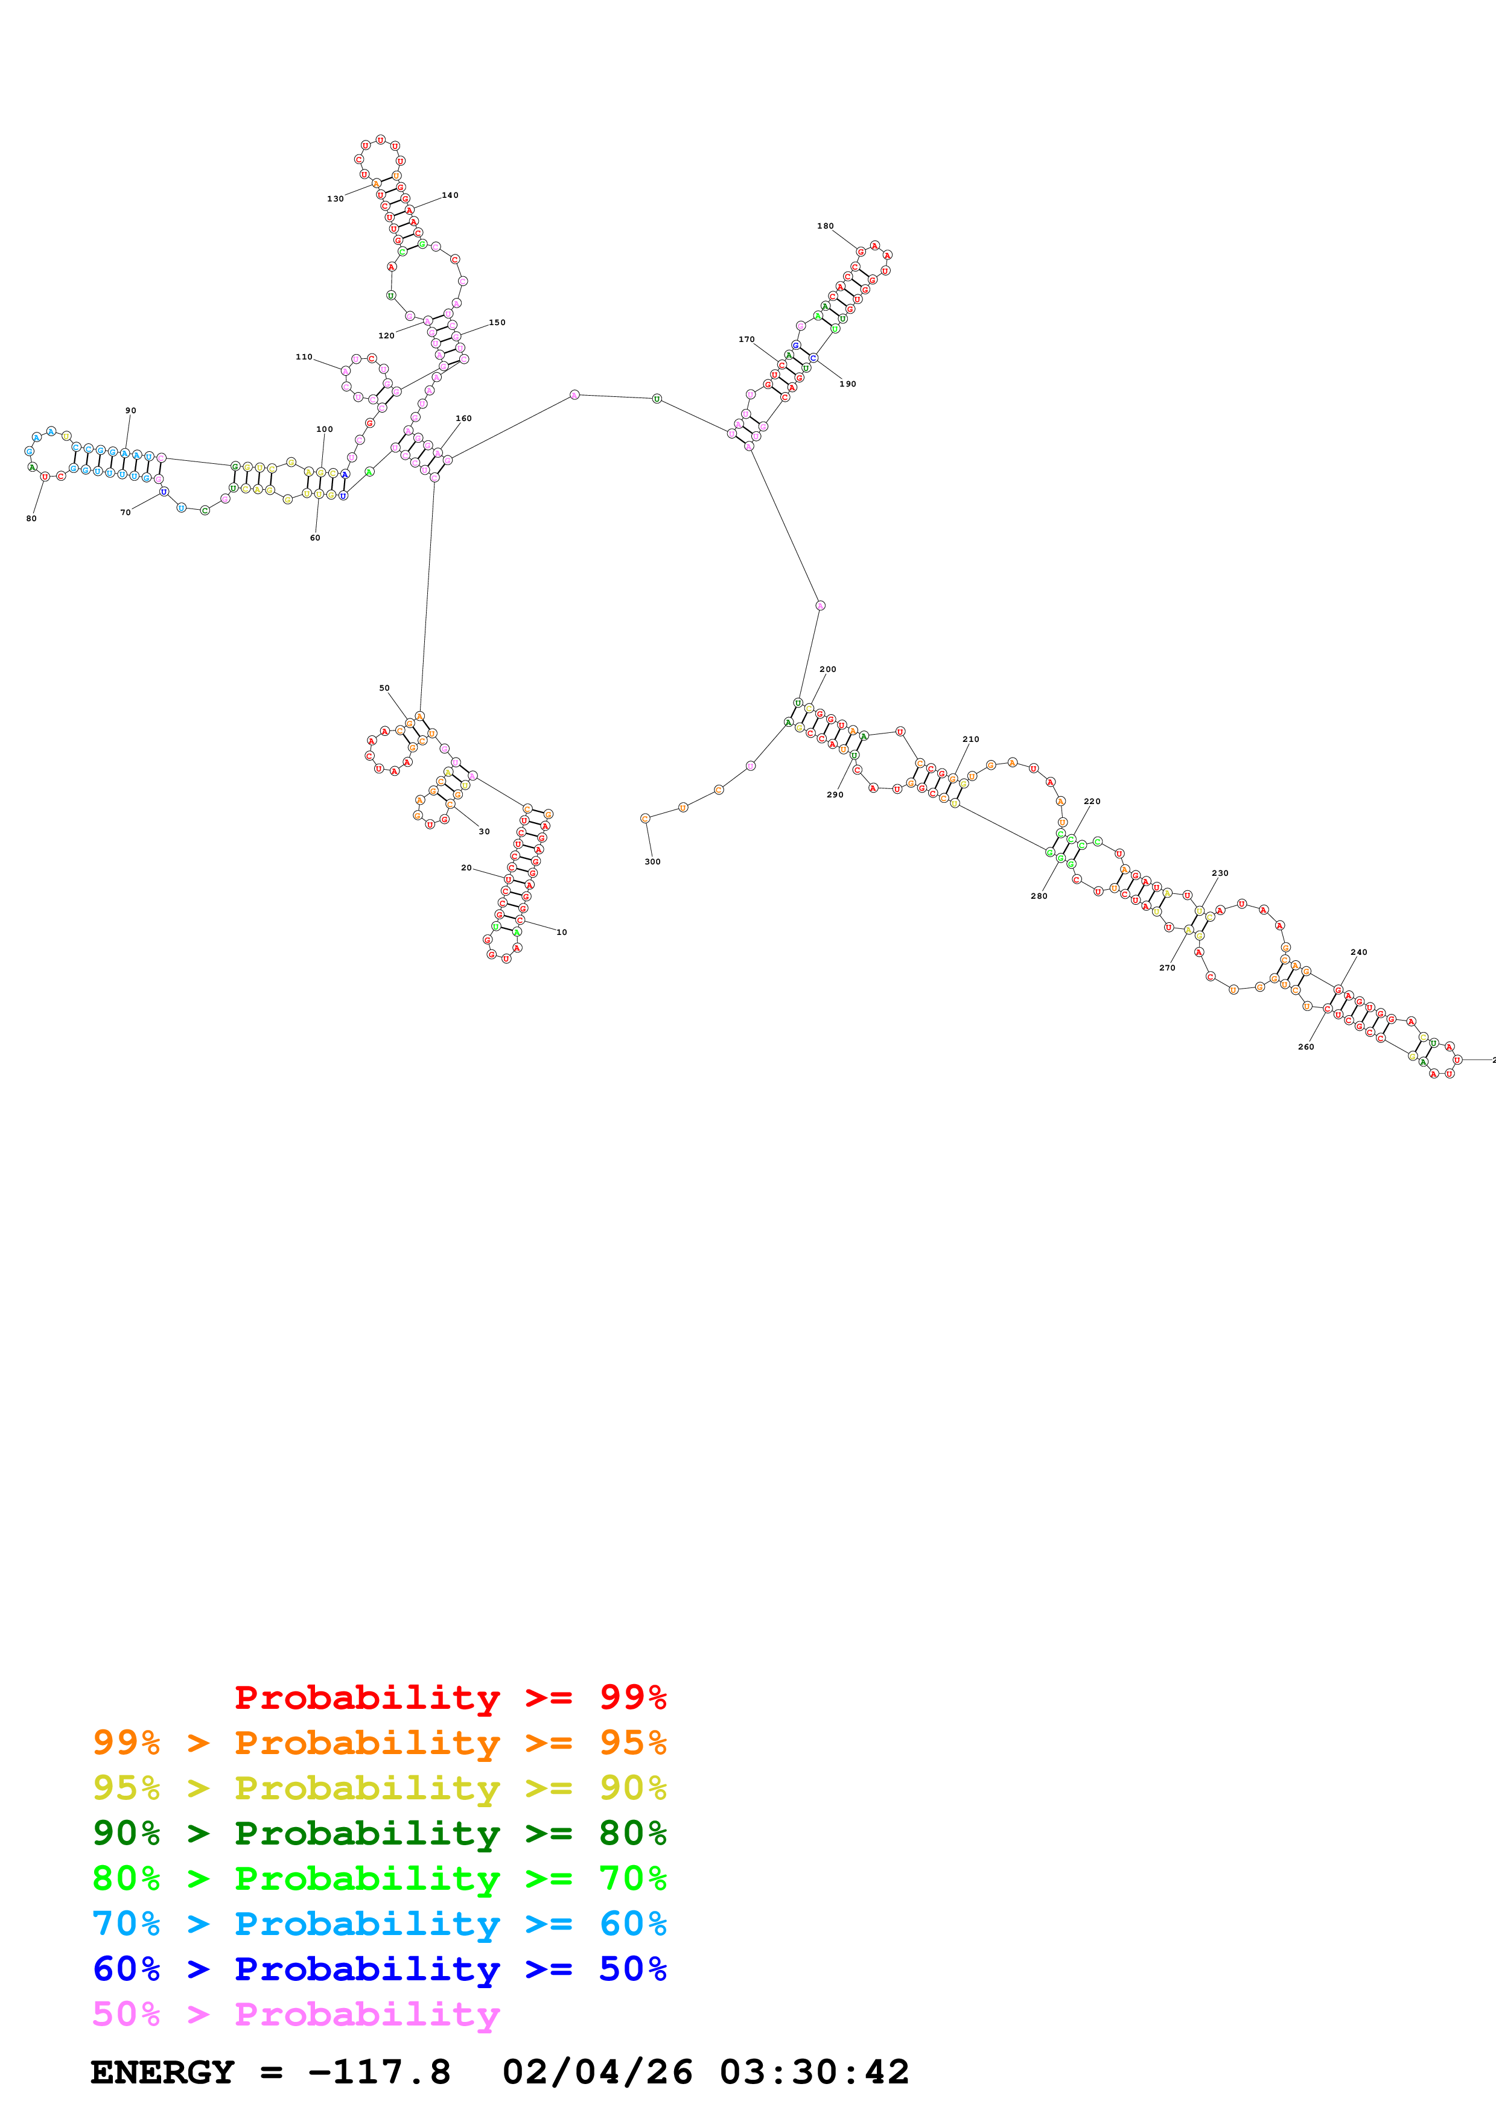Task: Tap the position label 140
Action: click(450, 195)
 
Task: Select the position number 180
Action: click(825, 226)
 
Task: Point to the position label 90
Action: click(131, 411)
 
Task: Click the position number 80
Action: click(31, 519)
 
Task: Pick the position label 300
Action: click(652, 862)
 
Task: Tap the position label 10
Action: click(561, 933)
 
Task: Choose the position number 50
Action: click(384, 688)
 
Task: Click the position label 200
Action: click(828, 670)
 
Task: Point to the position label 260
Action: click(1306, 1047)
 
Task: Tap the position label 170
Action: click(746, 340)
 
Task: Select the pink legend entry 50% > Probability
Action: click(296, 2015)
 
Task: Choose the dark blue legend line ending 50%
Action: click(379, 1969)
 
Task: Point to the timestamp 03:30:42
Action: click(814, 2073)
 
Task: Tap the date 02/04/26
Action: click(597, 2073)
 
